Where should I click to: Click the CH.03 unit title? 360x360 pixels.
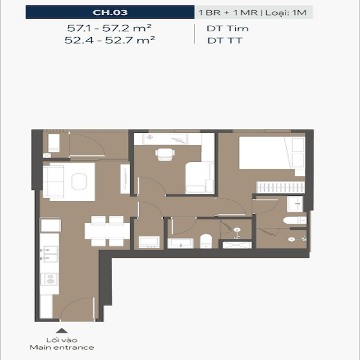110,13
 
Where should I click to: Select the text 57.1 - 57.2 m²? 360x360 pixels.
109,28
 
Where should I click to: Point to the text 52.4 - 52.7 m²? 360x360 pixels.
110,40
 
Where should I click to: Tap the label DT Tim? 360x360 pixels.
227,28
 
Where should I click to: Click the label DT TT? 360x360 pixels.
225,41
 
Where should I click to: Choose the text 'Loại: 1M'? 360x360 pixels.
286,13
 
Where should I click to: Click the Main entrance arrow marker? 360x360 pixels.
62,331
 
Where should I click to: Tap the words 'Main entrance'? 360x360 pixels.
62,347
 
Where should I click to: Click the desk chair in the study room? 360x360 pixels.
165,154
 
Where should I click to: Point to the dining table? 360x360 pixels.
107,231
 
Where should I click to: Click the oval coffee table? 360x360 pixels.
79,182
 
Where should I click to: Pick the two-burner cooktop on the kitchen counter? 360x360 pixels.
49,279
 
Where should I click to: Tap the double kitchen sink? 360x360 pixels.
49,254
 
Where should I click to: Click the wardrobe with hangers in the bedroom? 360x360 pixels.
281,187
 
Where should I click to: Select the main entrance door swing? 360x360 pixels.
77,308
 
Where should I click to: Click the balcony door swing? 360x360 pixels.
87,145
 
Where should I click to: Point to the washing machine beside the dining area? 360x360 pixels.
149,242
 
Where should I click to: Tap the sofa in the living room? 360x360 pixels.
53,181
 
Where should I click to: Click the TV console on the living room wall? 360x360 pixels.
125,179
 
